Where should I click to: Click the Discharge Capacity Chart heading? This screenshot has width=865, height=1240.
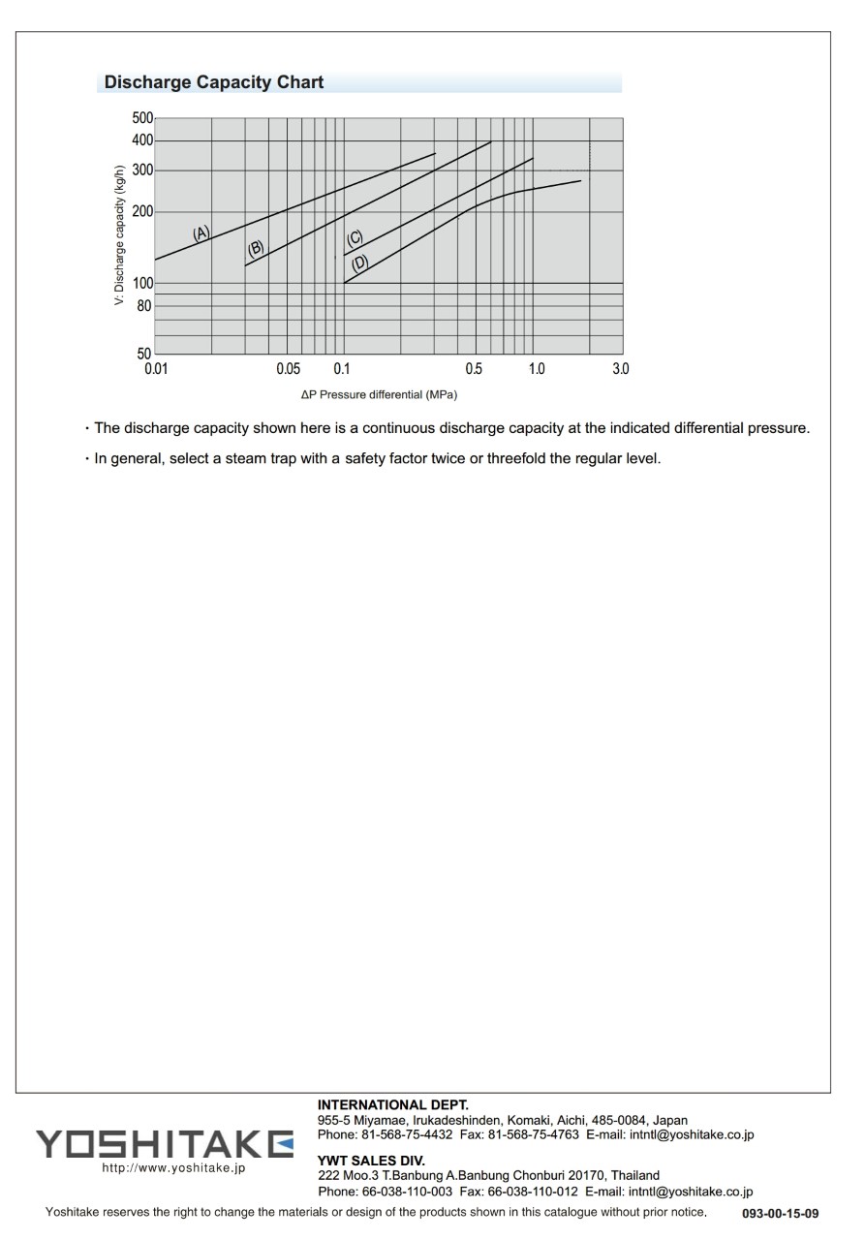214,82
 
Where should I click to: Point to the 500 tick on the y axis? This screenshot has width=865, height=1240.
142,118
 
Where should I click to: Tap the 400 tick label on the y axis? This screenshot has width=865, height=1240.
142,140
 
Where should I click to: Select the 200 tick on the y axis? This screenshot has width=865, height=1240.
142,211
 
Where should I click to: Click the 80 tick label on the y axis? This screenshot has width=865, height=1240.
144,306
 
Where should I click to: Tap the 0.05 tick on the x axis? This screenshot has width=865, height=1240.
288,369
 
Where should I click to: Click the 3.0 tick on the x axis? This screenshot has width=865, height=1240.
621,369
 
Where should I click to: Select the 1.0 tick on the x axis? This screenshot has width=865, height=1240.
536,369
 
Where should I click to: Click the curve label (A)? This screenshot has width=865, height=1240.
201,233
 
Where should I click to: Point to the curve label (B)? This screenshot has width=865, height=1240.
256,248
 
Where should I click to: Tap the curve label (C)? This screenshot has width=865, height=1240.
355,239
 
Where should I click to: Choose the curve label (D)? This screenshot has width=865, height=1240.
359,263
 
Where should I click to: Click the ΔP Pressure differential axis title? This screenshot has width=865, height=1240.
379,395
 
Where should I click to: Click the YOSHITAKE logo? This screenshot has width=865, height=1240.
165,1143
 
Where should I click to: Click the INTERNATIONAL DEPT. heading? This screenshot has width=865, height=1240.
392,1104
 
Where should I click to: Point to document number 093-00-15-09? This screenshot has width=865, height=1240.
781,1213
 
